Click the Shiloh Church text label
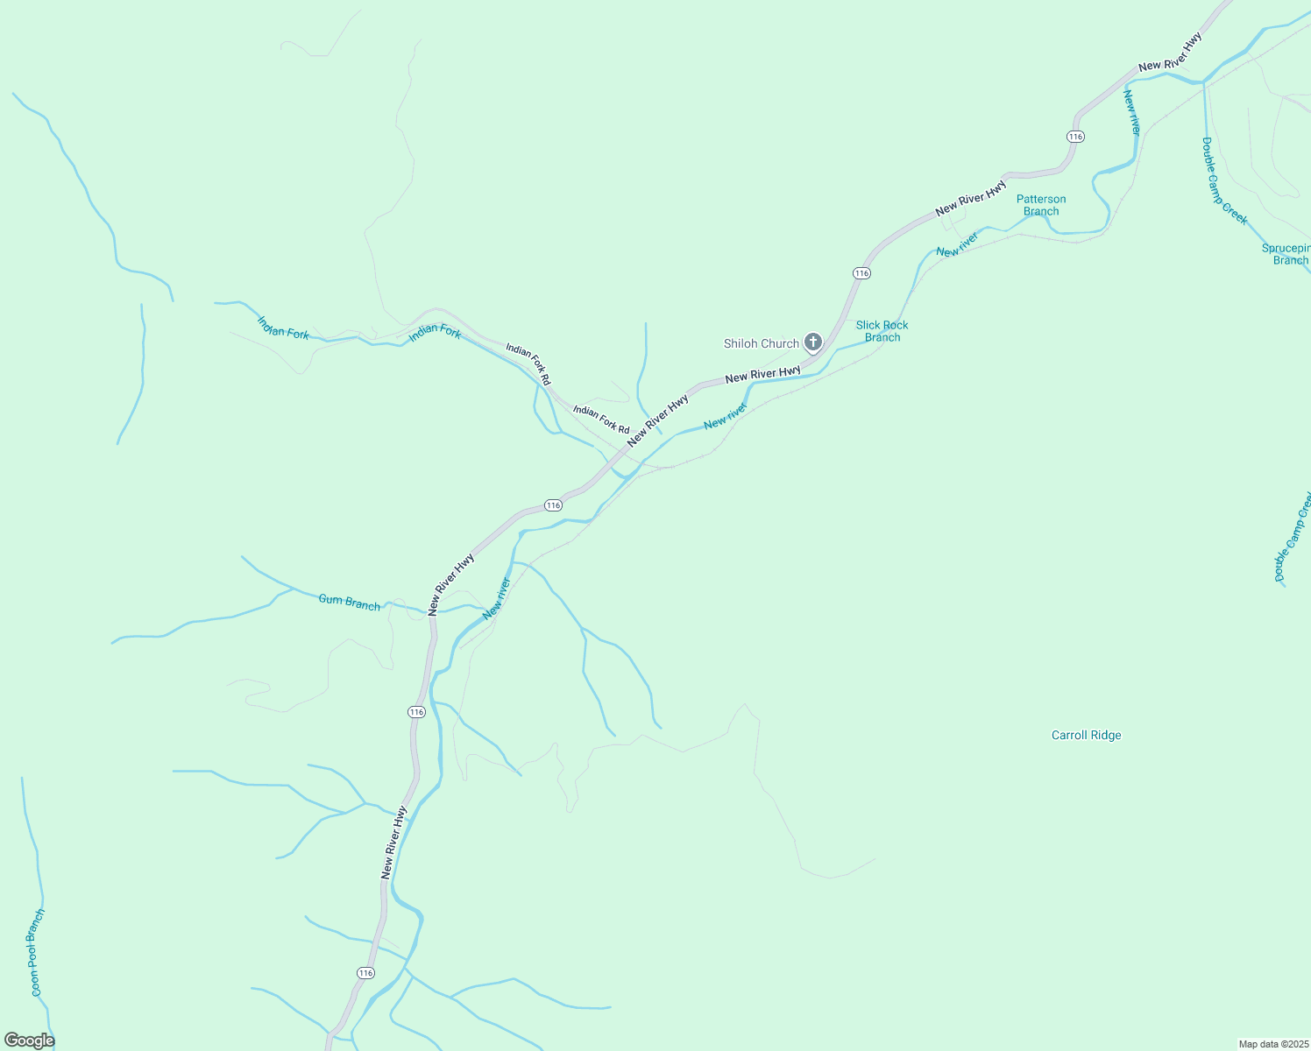pyautogui.click(x=761, y=343)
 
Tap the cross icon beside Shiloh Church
pyautogui.click(x=813, y=342)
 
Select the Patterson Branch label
pyautogui.click(x=1041, y=205)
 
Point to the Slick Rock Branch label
pyautogui.click(x=882, y=331)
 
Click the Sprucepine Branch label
pyautogui.click(x=1286, y=254)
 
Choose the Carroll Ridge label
pyautogui.click(x=1086, y=736)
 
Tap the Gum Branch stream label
pyautogui.click(x=349, y=602)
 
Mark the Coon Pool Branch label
pyautogui.click(x=38, y=952)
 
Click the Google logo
pyautogui.click(x=29, y=1040)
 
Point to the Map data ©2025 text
pyautogui.click(x=1272, y=1044)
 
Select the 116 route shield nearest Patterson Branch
pyautogui.click(x=1075, y=137)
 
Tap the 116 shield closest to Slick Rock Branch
pyautogui.click(x=861, y=273)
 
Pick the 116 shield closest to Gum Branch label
pyautogui.click(x=416, y=712)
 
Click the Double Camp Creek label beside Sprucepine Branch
pyautogui.click(x=1224, y=181)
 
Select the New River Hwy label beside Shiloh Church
pyautogui.click(x=762, y=374)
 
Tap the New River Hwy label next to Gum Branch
pyautogui.click(x=451, y=583)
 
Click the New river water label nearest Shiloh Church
pyautogui.click(x=725, y=416)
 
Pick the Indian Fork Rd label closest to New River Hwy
pyautogui.click(x=601, y=420)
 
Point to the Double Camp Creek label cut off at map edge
pyautogui.click(x=1293, y=537)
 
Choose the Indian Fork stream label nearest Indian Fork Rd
pyautogui.click(x=435, y=331)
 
